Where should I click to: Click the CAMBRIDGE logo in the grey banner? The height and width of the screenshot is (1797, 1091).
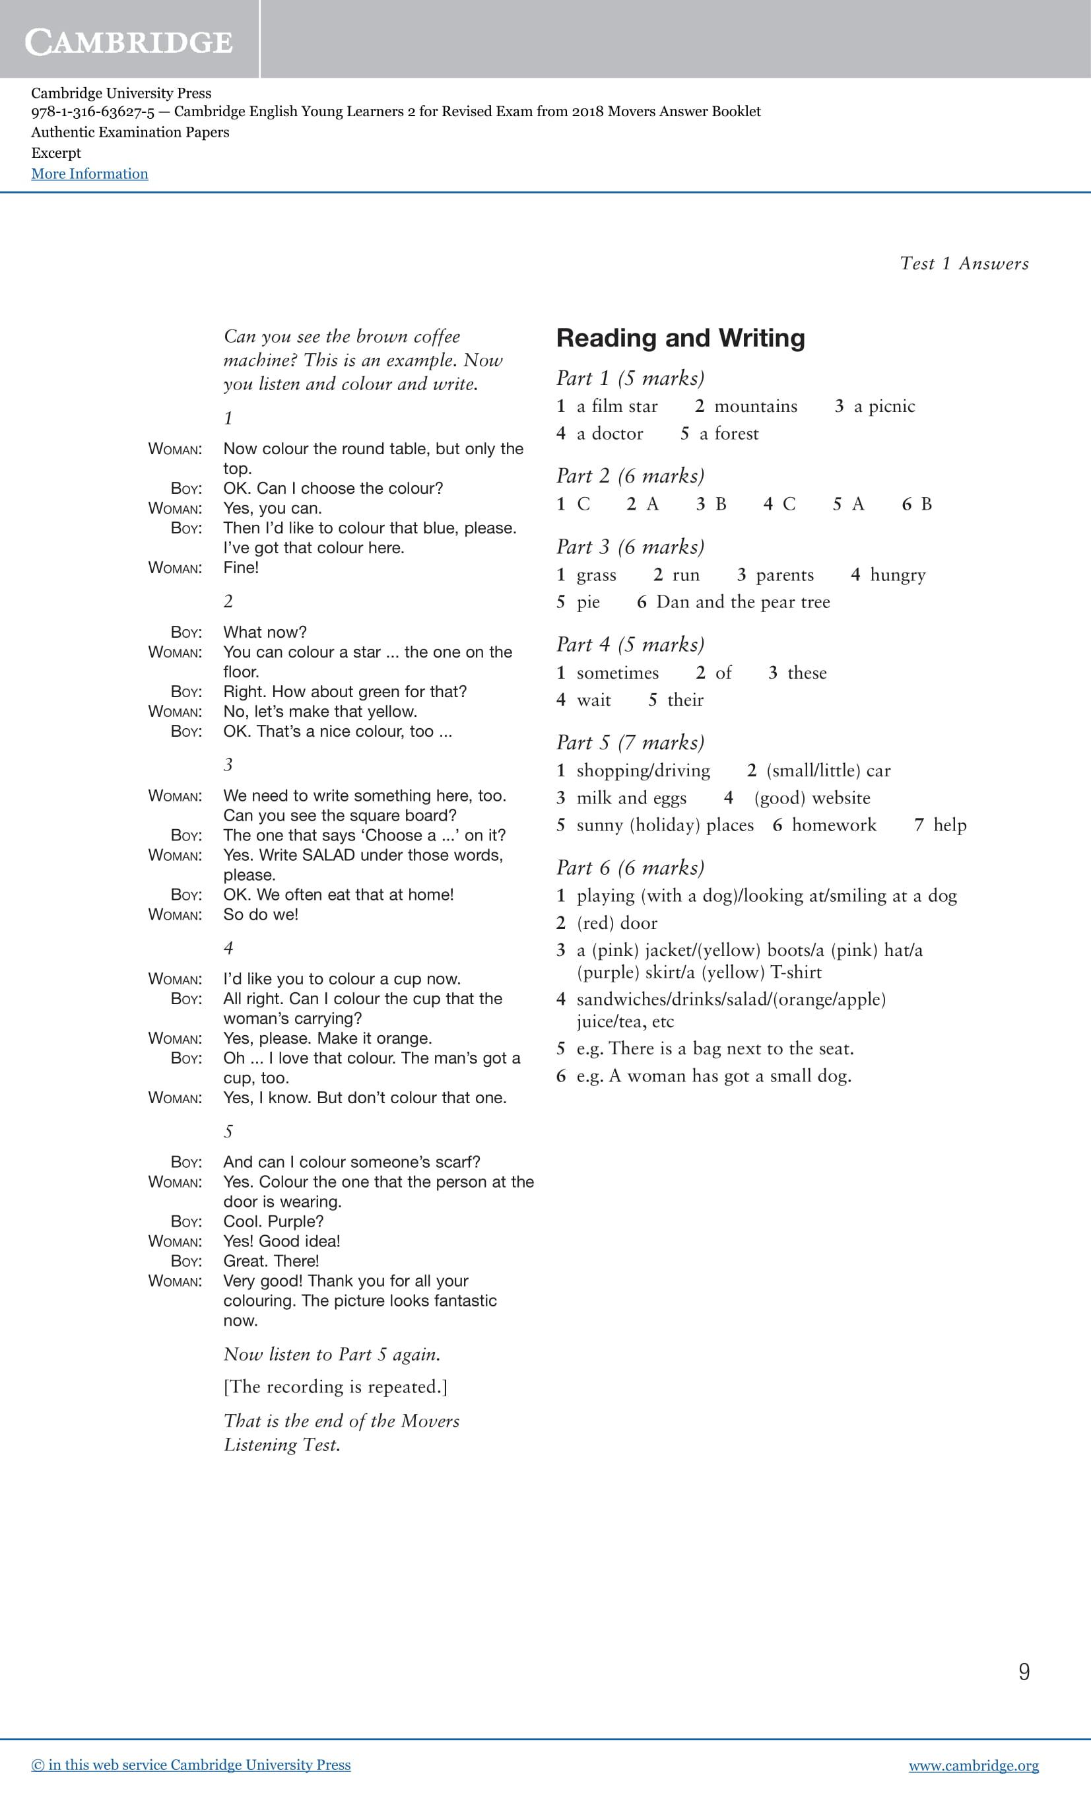(x=129, y=42)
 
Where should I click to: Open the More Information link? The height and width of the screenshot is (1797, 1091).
(x=90, y=174)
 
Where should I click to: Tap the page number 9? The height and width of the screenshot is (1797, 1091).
(x=1024, y=1672)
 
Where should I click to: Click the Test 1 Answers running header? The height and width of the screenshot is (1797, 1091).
(x=964, y=263)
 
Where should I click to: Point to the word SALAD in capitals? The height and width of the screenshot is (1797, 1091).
(x=328, y=855)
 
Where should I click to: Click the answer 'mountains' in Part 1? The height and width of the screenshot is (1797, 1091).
(x=756, y=406)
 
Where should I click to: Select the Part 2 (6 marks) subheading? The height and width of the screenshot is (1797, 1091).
(x=630, y=475)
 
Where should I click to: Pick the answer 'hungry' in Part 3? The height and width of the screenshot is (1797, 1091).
(x=898, y=575)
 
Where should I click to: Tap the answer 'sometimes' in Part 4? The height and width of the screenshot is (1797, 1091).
(x=617, y=673)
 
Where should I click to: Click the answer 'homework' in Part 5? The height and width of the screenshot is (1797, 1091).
(x=834, y=825)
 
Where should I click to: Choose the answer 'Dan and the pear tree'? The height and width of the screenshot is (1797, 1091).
(x=743, y=601)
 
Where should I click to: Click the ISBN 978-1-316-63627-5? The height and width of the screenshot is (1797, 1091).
(x=92, y=112)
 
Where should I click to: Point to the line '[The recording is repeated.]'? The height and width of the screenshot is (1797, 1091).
(x=335, y=1386)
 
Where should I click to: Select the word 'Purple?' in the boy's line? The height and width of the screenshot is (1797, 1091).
(x=296, y=1221)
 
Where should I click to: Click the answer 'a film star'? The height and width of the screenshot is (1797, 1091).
(x=617, y=406)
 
